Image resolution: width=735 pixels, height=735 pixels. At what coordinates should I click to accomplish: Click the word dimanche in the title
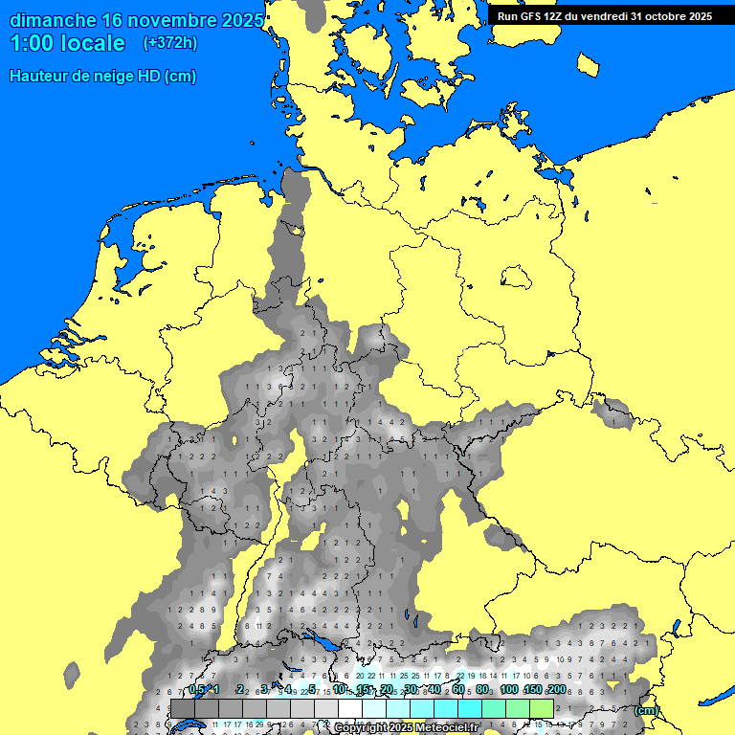tap(52, 20)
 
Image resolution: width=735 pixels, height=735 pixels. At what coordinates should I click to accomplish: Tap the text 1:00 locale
tap(67, 43)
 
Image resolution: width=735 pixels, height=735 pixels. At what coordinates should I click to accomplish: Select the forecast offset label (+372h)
tap(169, 43)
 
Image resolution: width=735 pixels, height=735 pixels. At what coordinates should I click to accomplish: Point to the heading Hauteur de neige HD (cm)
tap(102, 77)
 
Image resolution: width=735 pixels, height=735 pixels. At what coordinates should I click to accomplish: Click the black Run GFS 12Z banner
tap(604, 16)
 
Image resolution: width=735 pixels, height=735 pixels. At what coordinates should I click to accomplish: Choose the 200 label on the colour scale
tap(555, 689)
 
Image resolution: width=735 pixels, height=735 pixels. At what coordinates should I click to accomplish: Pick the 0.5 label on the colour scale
tap(196, 689)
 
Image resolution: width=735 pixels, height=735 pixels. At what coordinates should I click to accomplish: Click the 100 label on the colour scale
tap(508, 689)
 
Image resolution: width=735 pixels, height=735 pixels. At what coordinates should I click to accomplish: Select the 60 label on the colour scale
tap(458, 689)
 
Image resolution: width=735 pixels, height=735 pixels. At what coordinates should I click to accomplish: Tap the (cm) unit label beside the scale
tap(646, 710)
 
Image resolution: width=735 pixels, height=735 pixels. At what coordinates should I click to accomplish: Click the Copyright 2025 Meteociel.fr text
tap(406, 728)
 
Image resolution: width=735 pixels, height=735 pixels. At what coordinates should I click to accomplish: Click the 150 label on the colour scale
tap(532, 689)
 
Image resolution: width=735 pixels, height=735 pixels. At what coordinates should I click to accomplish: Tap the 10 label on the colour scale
tap(339, 689)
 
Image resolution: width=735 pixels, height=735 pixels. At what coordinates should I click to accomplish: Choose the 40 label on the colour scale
tap(434, 689)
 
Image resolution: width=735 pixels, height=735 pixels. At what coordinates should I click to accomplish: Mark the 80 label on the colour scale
tap(482, 689)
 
